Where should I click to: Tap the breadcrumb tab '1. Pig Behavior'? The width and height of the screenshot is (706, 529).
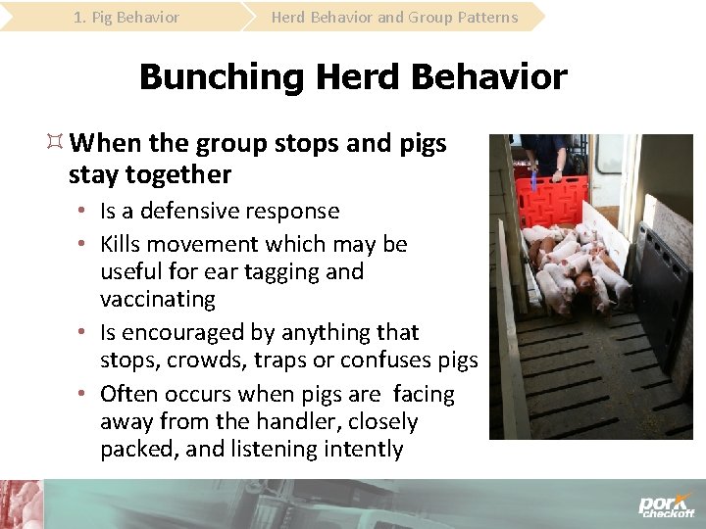(x=126, y=17)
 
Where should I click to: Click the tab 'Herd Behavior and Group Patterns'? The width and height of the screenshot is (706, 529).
(x=394, y=17)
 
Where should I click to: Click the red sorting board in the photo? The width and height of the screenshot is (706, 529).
(x=555, y=200)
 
